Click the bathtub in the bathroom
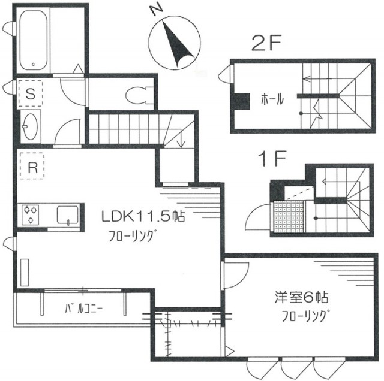(x=34, y=40)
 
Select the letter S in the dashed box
(x=31, y=93)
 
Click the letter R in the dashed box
(x=33, y=168)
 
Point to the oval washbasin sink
(x=31, y=126)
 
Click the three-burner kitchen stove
(x=30, y=214)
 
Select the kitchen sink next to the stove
(x=68, y=215)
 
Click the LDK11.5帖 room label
(x=143, y=216)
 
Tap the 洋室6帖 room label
(x=301, y=297)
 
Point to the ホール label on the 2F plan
(x=272, y=99)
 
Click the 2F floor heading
(x=266, y=44)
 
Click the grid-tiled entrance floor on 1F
(x=289, y=217)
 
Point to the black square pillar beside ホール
(x=241, y=101)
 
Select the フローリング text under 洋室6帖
(x=304, y=316)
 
